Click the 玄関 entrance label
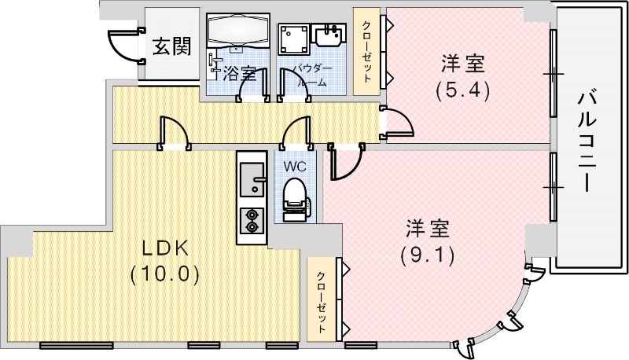171,46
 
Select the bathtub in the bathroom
238,31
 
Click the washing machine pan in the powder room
295,38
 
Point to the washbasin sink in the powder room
329,35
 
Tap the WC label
295,167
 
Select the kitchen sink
252,178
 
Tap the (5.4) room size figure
462,90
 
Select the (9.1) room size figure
427,255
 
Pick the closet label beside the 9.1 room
321,299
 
